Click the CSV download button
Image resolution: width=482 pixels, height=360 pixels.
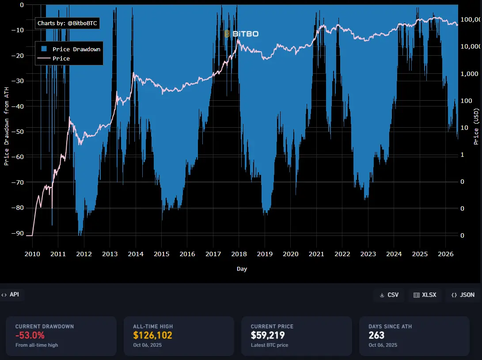389,295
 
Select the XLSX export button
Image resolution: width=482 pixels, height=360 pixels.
425,295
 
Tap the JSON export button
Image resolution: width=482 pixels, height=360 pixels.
463,295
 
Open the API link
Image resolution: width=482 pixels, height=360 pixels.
11,295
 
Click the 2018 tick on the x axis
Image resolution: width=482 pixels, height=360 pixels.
239,254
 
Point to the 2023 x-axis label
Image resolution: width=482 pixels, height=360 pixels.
368,254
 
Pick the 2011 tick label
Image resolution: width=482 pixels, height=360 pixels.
58,254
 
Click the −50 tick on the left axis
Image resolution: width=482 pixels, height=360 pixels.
18,132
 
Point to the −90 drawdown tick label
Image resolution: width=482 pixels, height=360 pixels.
18,233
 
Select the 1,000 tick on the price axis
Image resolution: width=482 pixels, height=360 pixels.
469,74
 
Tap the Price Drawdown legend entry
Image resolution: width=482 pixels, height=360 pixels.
71,49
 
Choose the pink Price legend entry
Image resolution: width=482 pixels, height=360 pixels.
54,58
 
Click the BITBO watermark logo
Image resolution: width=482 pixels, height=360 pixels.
241,34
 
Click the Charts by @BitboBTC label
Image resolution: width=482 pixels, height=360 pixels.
67,23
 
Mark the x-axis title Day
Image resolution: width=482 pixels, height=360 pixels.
242,269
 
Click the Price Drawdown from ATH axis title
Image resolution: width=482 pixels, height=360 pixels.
7,126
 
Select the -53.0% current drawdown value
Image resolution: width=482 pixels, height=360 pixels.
30,335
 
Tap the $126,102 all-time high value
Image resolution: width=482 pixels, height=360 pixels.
152,335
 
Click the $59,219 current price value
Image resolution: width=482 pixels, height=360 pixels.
268,335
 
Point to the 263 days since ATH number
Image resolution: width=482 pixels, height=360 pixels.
376,335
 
